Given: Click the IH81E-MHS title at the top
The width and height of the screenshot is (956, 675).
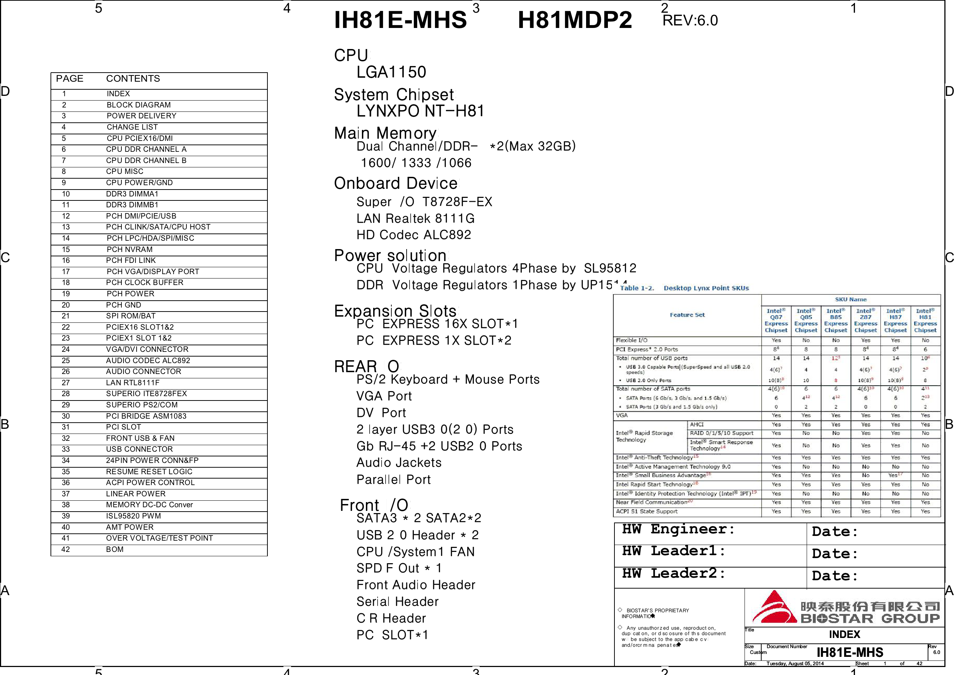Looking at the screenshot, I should [400, 20].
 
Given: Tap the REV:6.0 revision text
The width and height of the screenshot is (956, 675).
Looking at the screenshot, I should [690, 20].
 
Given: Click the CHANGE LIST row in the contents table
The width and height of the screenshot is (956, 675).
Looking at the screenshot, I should [132, 127].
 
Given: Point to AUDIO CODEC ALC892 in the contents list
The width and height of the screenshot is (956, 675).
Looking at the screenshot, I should [148, 361].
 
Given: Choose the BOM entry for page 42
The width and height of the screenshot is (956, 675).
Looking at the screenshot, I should [114, 549].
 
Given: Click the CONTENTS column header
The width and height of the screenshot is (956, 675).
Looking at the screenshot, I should [133, 79].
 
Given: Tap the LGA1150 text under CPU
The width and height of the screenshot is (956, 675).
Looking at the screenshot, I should [391, 72].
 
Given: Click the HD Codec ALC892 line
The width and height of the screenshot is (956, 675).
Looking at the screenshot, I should [414, 235].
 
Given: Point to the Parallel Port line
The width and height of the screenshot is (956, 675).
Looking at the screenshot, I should [393, 479].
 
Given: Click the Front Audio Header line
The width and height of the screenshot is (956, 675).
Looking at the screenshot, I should [416, 585].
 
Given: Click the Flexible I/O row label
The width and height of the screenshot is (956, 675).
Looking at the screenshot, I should [631, 340].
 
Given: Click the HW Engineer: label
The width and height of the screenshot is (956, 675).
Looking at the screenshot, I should [678, 529].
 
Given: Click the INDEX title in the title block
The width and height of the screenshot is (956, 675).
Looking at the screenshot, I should [844, 634].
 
